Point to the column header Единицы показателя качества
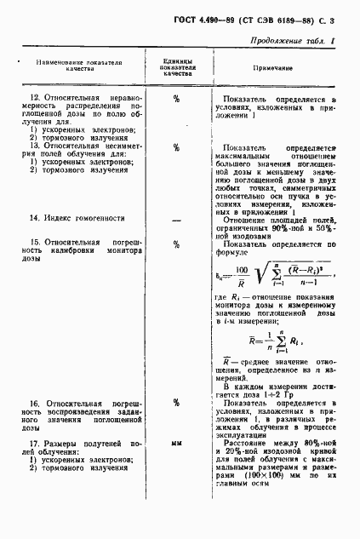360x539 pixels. tap(177, 66)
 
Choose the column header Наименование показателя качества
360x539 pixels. tap(79, 66)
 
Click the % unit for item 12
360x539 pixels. tap(177, 100)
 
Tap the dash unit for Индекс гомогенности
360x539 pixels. tap(177, 219)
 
